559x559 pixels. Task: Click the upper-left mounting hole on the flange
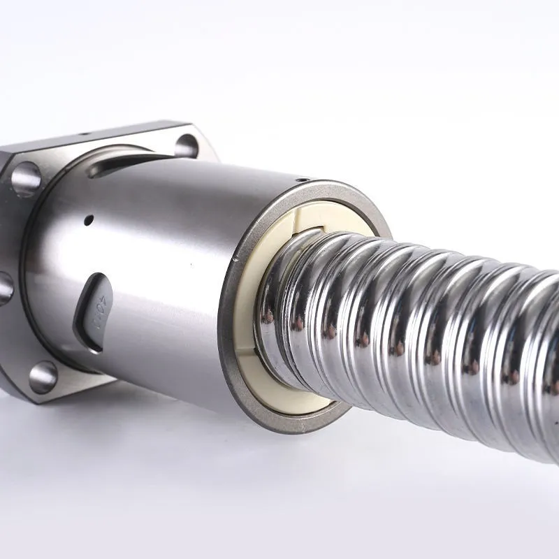[x=26, y=179]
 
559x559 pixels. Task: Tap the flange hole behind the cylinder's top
[x=187, y=145]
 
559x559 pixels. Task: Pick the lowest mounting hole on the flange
[x=43, y=377]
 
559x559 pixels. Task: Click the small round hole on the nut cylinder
[x=88, y=220]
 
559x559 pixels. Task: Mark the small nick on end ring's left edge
[x=235, y=259]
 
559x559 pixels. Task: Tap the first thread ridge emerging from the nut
[x=279, y=307]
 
